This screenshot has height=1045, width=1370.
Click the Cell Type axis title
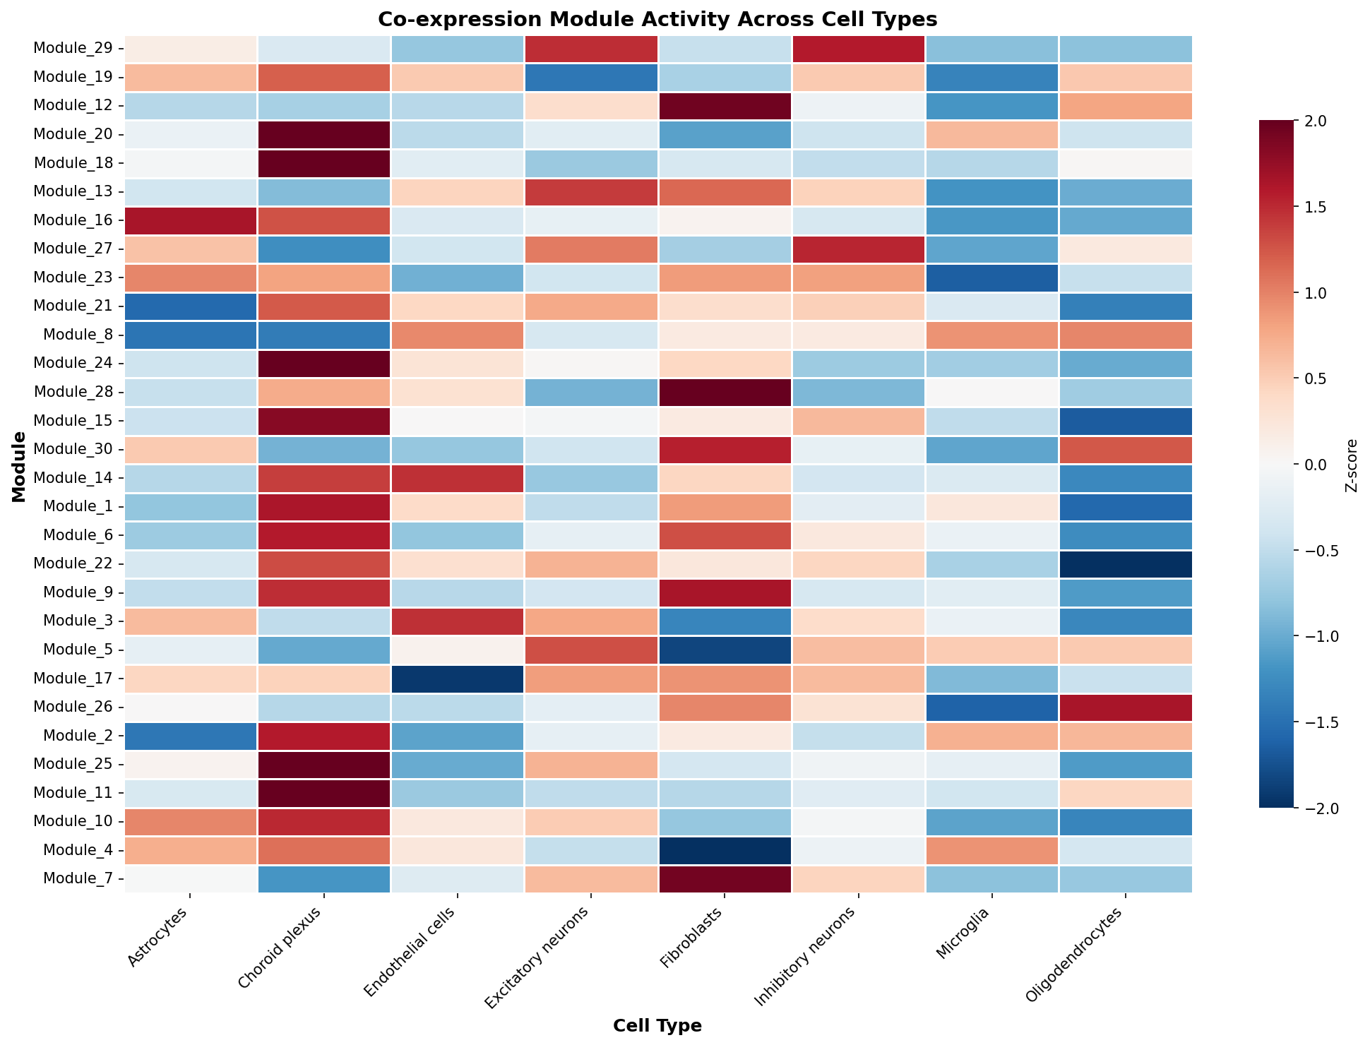click(657, 1025)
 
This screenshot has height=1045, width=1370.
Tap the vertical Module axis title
click(19, 467)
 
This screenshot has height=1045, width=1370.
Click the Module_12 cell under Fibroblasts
click(725, 106)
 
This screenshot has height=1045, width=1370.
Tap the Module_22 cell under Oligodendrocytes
click(1126, 564)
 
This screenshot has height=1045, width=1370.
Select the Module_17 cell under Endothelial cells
click(458, 679)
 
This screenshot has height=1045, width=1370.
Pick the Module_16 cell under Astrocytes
click(191, 220)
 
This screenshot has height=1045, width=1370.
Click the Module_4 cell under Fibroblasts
click(725, 850)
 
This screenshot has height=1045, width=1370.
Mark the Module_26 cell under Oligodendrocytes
click(1126, 707)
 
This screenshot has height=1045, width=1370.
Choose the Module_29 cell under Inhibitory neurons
click(859, 49)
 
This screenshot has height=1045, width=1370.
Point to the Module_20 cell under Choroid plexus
click(324, 134)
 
